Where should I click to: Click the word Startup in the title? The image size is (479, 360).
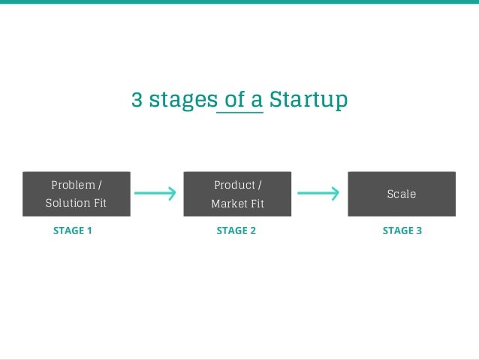click(x=308, y=100)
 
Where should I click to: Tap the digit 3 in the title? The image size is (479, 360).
click(x=137, y=100)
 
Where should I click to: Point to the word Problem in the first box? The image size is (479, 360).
click(x=73, y=185)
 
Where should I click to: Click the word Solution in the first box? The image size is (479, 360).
click(x=68, y=203)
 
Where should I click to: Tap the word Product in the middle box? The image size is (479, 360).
click(x=234, y=185)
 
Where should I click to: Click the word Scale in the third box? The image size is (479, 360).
click(x=401, y=194)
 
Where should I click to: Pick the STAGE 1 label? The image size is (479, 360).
click(x=73, y=231)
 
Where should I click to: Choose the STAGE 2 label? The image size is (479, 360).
click(x=236, y=231)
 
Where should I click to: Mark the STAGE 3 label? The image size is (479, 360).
click(x=402, y=231)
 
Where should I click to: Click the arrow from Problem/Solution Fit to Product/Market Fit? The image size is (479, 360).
click(x=155, y=194)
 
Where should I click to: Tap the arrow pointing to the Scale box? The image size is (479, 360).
click(x=318, y=194)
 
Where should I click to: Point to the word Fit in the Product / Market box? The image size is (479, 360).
click(x=257, y=204)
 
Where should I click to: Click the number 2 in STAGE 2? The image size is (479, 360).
click(x=253, y=231)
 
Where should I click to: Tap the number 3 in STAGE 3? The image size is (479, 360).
click(x=419, y=231)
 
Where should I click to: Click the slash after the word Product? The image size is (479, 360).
click(x=260, y=185)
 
